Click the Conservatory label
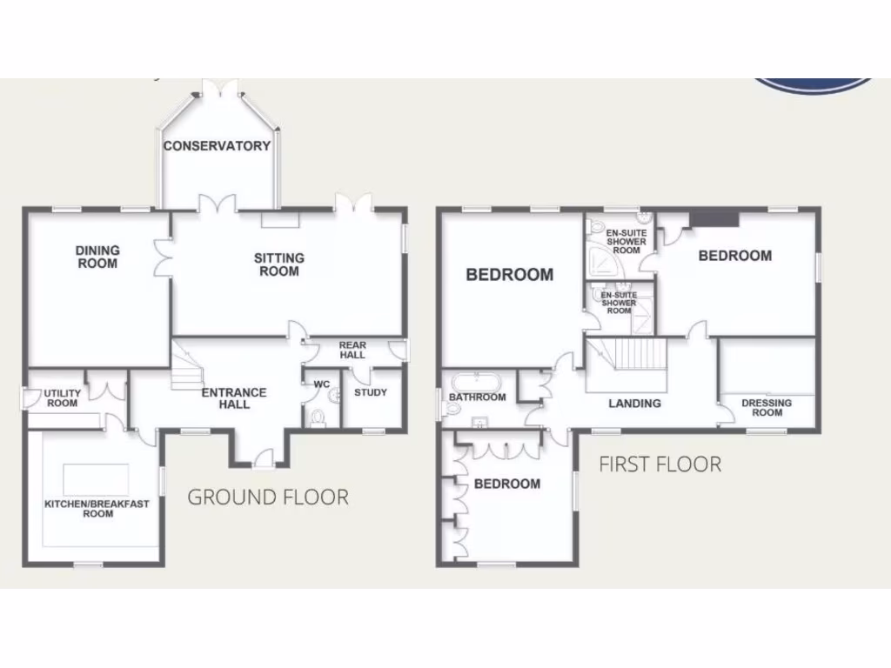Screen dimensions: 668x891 (218, 145)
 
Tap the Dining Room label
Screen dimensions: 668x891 (97, 257)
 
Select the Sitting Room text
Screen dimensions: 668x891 (278, 264)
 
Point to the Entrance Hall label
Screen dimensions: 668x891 (234, 398)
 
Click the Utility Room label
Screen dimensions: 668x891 (62, 398)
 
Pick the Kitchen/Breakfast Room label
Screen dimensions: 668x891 (97, 508)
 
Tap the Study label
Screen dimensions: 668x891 (371, 392)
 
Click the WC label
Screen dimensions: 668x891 (322, 384)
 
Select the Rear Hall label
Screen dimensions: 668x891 (352, 350)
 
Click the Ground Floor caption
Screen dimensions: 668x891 (268, 498)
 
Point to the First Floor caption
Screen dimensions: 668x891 (660, 464)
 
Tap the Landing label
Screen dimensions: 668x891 (634, 404)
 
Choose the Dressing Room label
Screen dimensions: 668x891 (767, 407)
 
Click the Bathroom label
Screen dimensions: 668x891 (477, 397)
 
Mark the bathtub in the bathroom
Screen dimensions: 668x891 (474, 381)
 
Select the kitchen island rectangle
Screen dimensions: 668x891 (96, 479)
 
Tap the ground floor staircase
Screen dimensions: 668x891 (185, 365)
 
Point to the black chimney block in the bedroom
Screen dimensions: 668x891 (713, 218)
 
